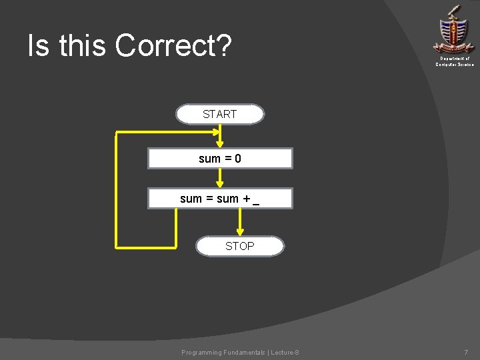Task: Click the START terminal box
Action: [219, 114]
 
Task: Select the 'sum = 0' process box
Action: [220, 159]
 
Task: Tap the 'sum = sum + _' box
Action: [220, 199]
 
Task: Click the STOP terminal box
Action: [239, 246]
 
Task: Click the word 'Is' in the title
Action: [39, 46]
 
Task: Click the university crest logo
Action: [454, 30]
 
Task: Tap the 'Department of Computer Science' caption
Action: [455, 61]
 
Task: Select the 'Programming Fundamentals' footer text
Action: [223, 352]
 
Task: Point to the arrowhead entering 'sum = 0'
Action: [220, 143]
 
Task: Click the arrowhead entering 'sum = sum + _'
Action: [220, 183]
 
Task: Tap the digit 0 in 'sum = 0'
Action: [238, 159]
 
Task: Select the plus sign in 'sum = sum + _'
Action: [245, 199]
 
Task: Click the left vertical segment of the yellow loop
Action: [117, 190]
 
